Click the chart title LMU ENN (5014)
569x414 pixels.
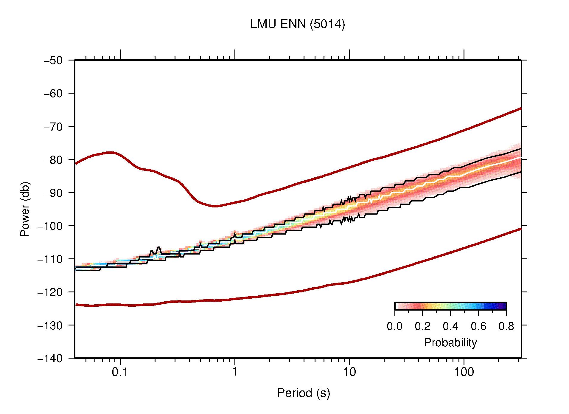(297, 24)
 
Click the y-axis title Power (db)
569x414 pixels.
(25, 209)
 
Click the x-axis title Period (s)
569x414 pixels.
(303, 393)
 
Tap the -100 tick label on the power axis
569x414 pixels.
(50, 226)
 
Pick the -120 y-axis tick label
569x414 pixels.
(50, 292)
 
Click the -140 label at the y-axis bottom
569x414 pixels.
(50, 358)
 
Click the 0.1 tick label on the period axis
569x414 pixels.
(120, 372)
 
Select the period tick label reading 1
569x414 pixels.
(235, 372)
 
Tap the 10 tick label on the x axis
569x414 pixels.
(349, 372)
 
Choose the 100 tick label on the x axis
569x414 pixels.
(464, 372)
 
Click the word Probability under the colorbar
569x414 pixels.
(450, 343)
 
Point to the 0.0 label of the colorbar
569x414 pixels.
(394, 326)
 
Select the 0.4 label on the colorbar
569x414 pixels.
(450, 326)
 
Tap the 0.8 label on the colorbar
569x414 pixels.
(506, 326)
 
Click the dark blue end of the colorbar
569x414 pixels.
(503, 306)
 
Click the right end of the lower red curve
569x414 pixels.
(520, 229)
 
